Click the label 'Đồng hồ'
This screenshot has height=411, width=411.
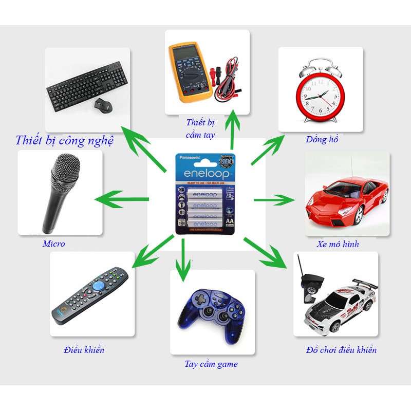[x=322, y=139]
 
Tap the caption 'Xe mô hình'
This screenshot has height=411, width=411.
[x=338, y=245]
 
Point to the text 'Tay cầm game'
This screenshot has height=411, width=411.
[x=211, y=364]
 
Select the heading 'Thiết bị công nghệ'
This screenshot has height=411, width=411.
[x=64, y=140]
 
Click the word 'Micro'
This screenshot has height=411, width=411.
[x=53, y=244]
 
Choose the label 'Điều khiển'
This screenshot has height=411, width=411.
[x=84, y=350]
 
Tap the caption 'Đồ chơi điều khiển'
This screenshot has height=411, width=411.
[x=341, y=350]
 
